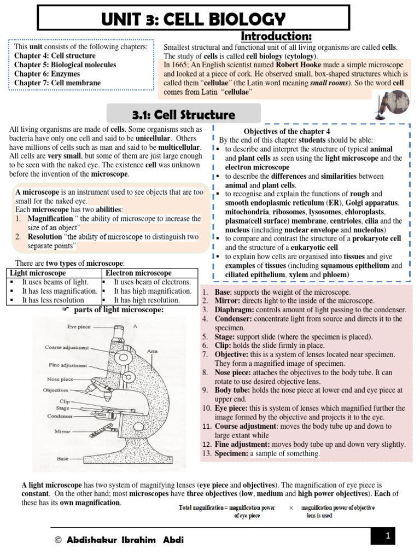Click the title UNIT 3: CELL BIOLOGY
coord(193,19)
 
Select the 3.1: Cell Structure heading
coord(183,115)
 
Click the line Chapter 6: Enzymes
coord(47,74)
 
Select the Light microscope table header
coord(38,273)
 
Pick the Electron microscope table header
coord(138,273)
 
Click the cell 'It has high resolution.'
coord(147,300)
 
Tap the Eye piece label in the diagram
coord(78,326)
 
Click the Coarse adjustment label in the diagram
coord(67,347)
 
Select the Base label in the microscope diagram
coord(64,459)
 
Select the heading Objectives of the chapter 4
coord(287,132)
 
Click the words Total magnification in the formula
coord(203,507)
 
